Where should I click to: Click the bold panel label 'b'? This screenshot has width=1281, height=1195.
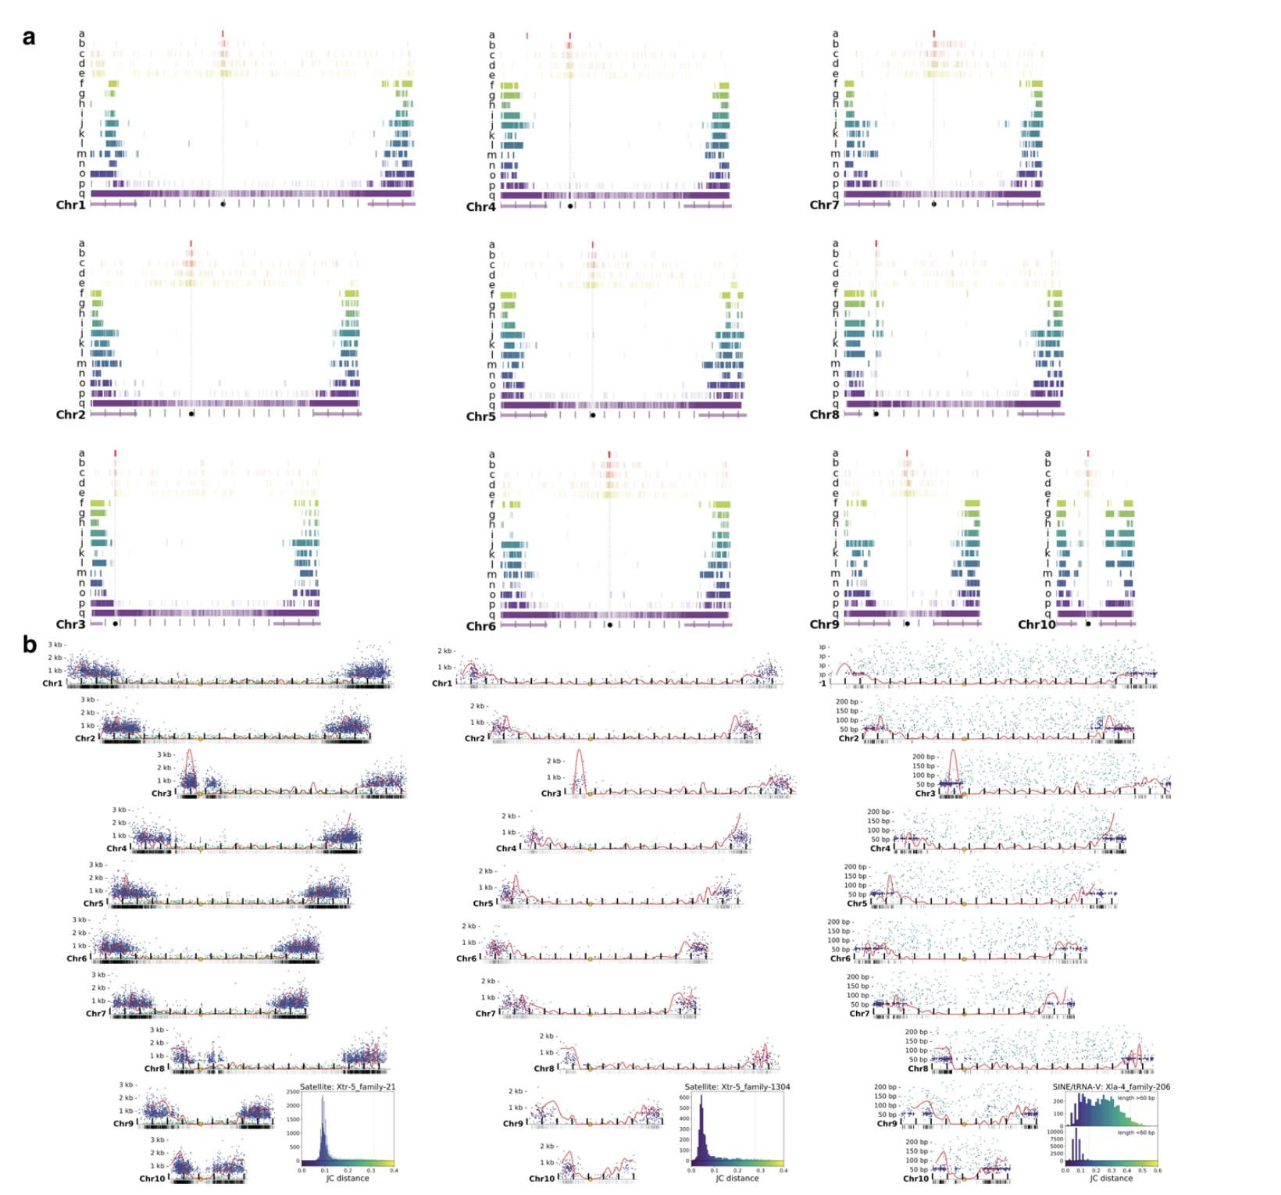[30, 645]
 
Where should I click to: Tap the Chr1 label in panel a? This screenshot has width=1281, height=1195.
[70, 205]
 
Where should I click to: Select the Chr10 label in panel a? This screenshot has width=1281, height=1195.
[1037, 625]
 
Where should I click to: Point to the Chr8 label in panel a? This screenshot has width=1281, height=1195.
[824, 415]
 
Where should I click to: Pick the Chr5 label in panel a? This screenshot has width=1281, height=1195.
[481, 416]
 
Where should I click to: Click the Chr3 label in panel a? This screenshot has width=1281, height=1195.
[70, 625]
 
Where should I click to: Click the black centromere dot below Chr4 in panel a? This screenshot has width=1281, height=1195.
[570, 206]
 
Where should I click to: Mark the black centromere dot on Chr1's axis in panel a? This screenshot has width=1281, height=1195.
[223, 205]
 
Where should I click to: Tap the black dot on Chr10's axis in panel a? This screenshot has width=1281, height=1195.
[1088, 624]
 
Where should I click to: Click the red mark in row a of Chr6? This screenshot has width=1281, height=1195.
[609, 454]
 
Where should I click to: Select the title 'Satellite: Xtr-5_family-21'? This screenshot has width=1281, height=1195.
[347, 1087]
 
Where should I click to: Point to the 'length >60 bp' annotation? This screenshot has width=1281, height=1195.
[1136, 1098]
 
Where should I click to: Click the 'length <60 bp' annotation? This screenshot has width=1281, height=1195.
[1136, 1133]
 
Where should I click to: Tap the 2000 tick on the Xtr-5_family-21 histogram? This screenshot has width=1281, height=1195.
[293, 1105]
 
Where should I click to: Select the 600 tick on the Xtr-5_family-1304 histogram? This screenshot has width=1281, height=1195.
[682, 1097]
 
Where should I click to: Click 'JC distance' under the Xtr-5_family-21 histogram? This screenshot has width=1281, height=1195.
[347, 1179]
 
